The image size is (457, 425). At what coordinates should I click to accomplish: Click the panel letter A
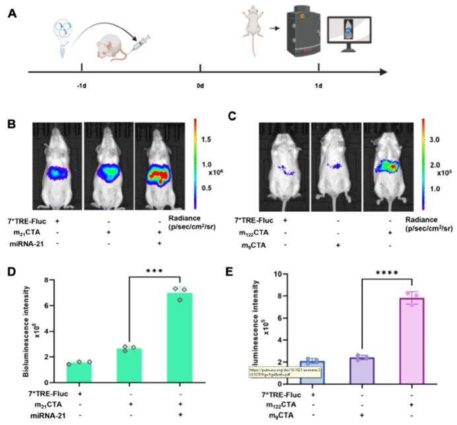tap(11, 14)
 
